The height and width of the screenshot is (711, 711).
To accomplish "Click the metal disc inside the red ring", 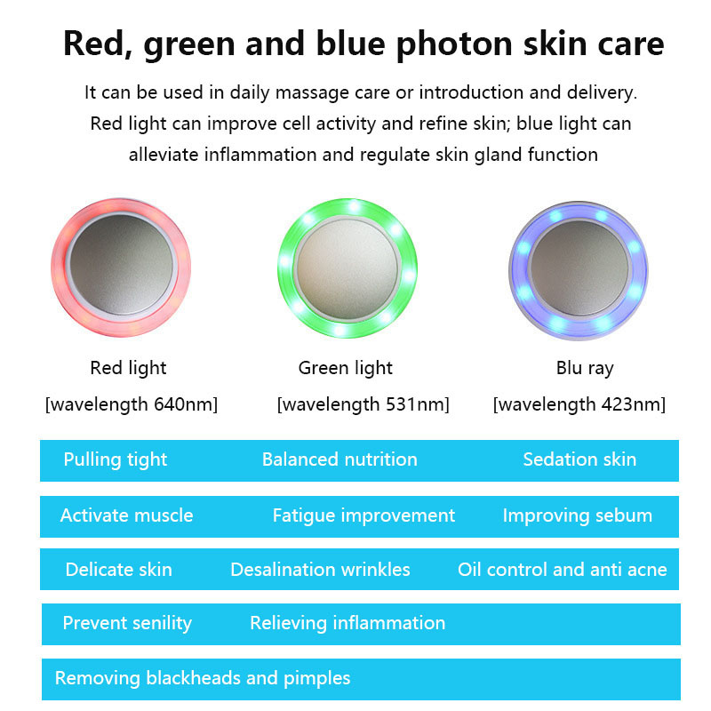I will [122, 267].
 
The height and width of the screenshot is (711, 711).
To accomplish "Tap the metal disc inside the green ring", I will [347, 268].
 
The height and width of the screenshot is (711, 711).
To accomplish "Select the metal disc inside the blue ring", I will [579, 267].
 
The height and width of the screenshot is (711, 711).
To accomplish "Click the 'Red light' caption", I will [128, 368].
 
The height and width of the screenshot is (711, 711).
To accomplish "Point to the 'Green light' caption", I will [345, 368].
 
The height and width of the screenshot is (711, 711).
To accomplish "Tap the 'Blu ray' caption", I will [585, 368].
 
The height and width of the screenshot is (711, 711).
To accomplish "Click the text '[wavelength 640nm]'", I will [132, 405].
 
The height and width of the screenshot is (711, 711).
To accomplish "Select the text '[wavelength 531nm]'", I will [363, 405].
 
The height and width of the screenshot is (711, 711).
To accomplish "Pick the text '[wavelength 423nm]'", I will [579, 405].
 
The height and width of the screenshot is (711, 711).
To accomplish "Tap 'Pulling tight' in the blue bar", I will [116, 460].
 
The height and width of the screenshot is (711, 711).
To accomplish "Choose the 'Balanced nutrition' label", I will [340, 460].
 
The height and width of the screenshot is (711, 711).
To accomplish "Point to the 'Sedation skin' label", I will [579, 460].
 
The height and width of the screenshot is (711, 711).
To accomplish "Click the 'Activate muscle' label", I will [126, 515].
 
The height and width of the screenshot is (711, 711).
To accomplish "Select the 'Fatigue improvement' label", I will [363, 515].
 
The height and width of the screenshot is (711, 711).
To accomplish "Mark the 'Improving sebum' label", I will [578, 515].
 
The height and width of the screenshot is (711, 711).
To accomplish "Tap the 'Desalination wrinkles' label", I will [320, 570].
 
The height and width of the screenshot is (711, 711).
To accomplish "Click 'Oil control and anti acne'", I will [563, 570].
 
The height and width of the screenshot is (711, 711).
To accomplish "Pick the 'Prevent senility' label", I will [127, 623].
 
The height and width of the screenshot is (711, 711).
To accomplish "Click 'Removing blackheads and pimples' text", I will [203, 678].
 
